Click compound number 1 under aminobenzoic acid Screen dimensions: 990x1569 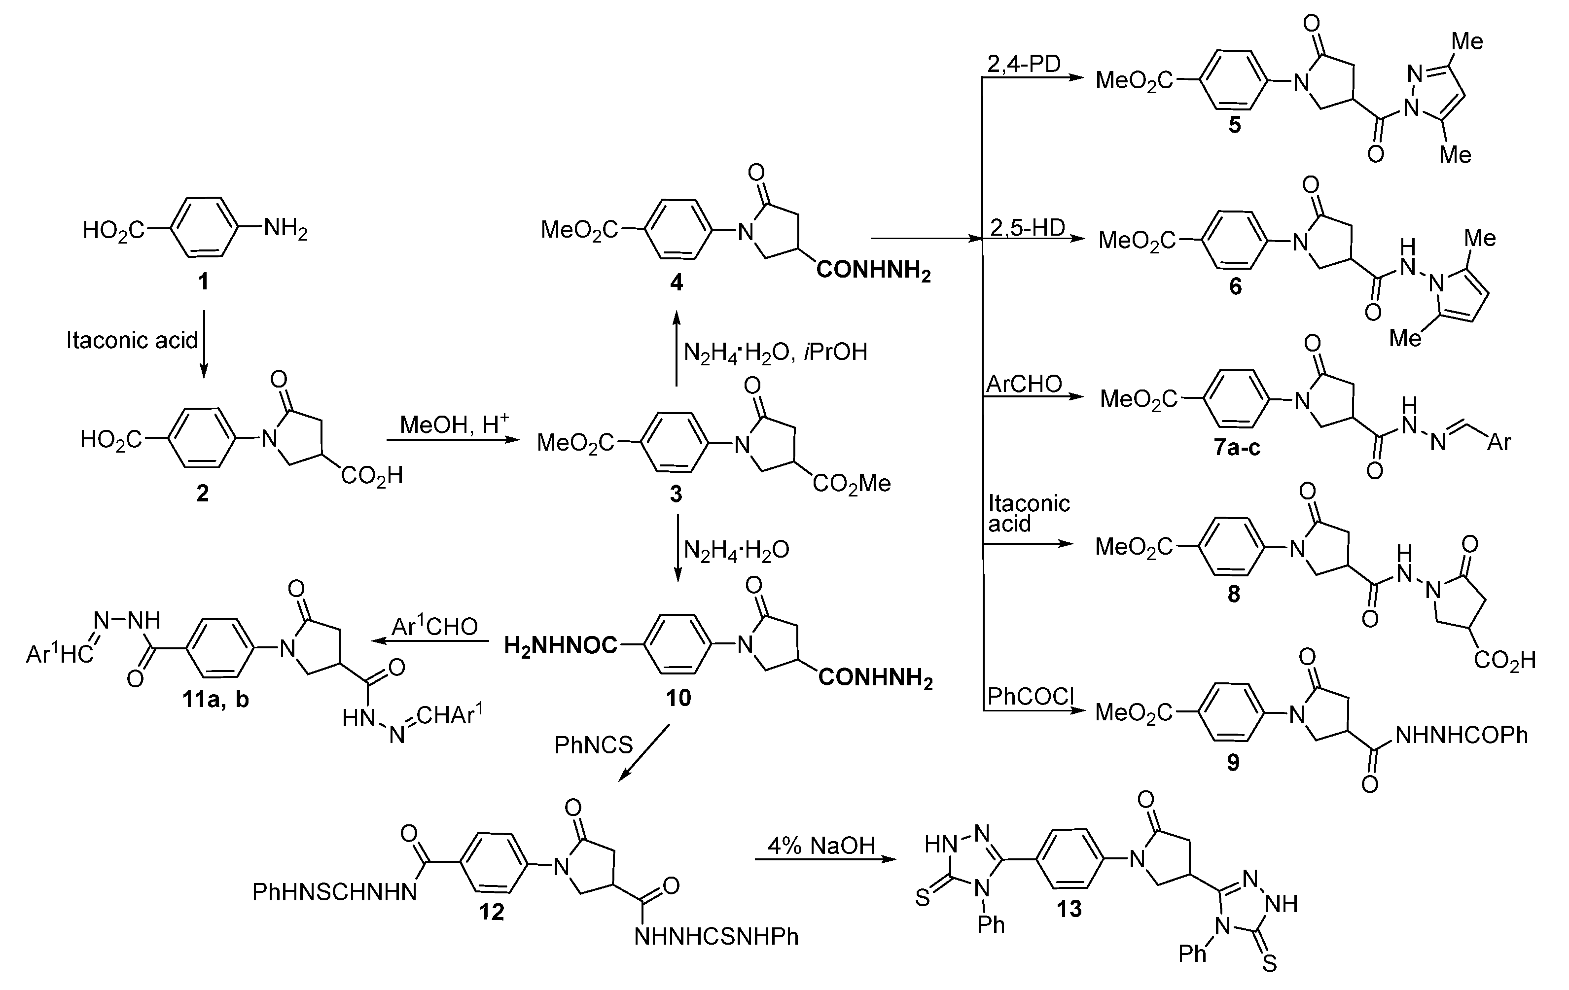(x=203, y=282)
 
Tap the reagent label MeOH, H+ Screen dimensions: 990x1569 (x=454, y=424)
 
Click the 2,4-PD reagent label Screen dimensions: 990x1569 (x=1024, y=64)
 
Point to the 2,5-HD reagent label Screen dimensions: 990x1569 (x=1027, y=227)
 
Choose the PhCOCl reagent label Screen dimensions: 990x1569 (x=1030, y=696)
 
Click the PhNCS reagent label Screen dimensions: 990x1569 (x=594, y=744)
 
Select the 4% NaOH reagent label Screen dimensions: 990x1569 (x=821, y=846)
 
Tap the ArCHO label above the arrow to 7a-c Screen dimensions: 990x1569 (x=1024, y=384)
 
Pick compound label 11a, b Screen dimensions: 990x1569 (x=215, y=700)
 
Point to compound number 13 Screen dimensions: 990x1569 (x=1069, y=909)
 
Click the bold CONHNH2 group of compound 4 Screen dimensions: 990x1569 (x=873, y=270)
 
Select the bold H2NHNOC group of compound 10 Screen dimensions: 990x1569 (x=560, y=645)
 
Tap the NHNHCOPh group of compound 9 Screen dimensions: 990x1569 (x=1461, y=735)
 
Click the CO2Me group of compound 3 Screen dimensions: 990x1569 (x=851, y=483)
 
